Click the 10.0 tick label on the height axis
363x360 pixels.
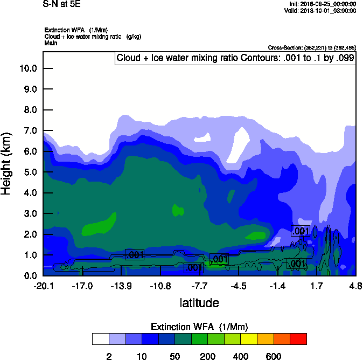point(29,68)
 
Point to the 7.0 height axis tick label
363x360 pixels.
point(31,131)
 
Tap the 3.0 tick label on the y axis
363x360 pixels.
point(31,214)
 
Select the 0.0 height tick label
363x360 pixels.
point(31,276)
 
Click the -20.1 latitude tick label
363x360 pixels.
point(43,286)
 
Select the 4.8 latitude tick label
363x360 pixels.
point(355,286)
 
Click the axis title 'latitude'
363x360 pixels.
point(199,303)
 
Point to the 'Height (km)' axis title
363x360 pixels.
point(7,164)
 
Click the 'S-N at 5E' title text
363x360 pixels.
point(62,4)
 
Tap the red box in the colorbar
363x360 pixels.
point(298,339)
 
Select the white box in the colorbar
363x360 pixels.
point(100,339)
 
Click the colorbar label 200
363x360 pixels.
point(207,356)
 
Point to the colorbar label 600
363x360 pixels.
point(274,356)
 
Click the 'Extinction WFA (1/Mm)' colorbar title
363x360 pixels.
point(199,327)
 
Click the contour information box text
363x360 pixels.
point(235,58)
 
